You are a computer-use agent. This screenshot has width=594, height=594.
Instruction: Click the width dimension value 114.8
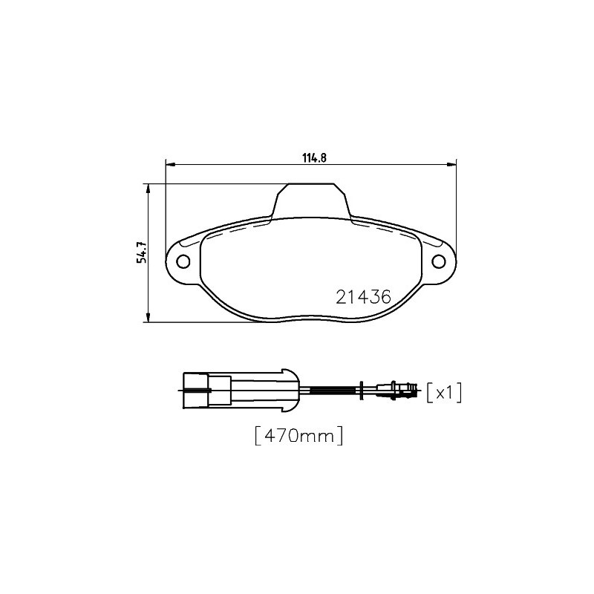[314, 157]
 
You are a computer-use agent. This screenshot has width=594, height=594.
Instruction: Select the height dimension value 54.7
[141, 252]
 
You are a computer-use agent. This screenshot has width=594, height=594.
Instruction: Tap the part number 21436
[363, 298]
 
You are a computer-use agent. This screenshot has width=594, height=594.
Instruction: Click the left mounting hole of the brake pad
[183, 261]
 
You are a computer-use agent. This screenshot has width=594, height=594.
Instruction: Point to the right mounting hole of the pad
[439, 261]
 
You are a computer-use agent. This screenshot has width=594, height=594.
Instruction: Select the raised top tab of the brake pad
[311, 200]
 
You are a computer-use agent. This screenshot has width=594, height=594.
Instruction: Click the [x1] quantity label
[444, 393]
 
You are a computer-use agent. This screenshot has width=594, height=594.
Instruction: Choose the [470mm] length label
[299, 436]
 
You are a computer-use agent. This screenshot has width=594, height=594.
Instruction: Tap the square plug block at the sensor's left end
[196, 391]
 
